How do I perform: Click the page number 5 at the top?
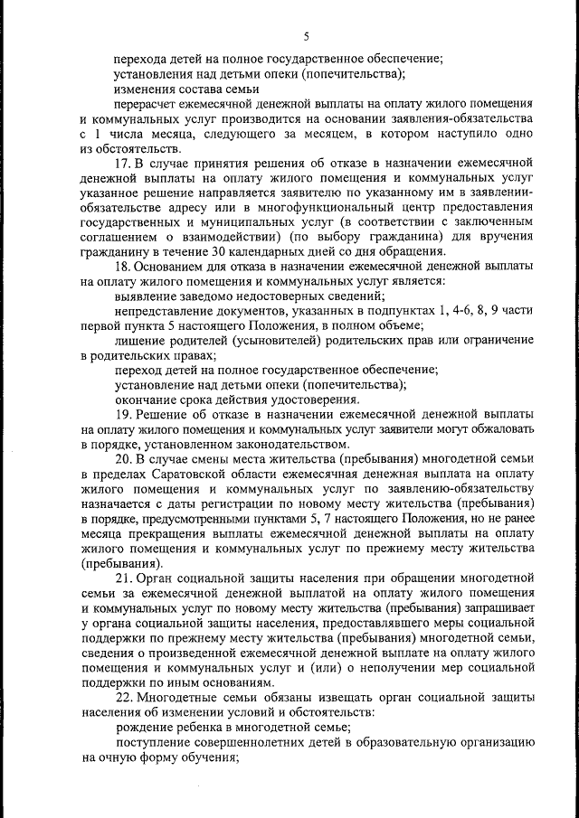pos(306,36)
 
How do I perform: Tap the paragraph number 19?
pos(122,413)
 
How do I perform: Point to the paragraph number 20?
pos(123,457)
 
